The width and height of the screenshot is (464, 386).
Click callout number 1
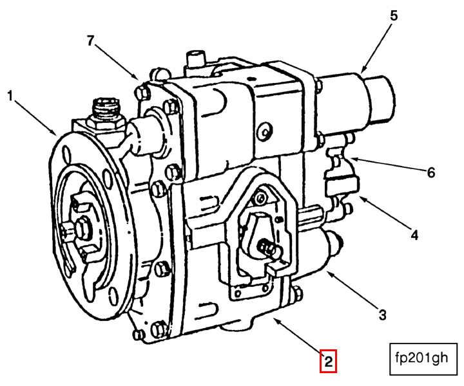pos(10,96)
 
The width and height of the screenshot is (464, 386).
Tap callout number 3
pos(382,315)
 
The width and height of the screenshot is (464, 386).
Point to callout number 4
pos(414,235)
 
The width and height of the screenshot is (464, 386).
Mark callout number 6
pos(430,172)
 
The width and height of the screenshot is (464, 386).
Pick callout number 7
pos(91,41)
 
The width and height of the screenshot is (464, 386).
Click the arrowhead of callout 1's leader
pos(57,133)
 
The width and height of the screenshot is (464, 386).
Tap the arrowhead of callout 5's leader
pos(362,70)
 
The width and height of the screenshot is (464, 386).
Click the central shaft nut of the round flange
pos(83,226)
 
